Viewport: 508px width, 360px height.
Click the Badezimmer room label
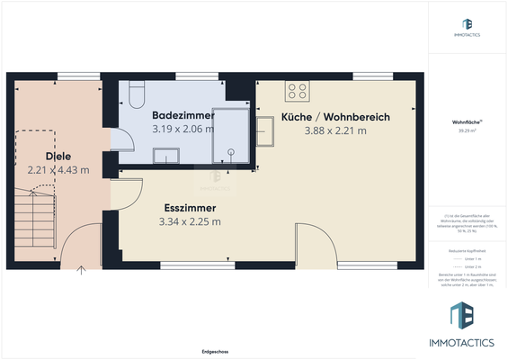[183, 116]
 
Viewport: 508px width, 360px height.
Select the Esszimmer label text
[189, 206]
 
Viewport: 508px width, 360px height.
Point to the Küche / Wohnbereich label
[335, 117]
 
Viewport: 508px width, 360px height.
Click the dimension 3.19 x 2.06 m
[183, 130]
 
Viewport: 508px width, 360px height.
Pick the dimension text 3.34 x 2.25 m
[190, 220]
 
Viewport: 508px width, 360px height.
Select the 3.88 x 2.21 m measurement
[335, 130]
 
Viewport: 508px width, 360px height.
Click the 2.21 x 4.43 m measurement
[58, 169]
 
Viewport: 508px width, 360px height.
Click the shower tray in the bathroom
[230, 139]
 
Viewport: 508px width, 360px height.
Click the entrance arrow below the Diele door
[81, 269]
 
